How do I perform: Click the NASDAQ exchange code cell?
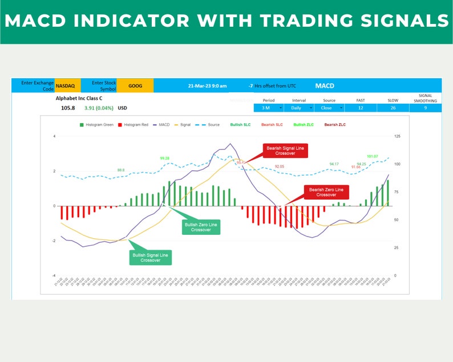(x=65, y=86)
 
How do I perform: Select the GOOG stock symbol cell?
(x=135, y=86)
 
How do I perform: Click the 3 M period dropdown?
(x=268, y=107)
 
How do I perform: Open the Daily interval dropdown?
(x=299, y=107)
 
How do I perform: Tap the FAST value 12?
(x=361, y=107)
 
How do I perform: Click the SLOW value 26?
(x=393, y=107)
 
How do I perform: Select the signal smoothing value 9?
(x=425, y=107)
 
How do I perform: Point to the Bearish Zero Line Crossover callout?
(x=326, y=192)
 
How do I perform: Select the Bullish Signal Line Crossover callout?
(x=150, y=257)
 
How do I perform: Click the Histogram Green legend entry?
(x=97, y=124)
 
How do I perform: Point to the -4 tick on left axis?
(x=54, y=275)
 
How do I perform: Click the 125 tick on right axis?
(x=397, y=136)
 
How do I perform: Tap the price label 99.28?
(x=164, y=158)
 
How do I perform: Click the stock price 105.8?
(x=68, y=107)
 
